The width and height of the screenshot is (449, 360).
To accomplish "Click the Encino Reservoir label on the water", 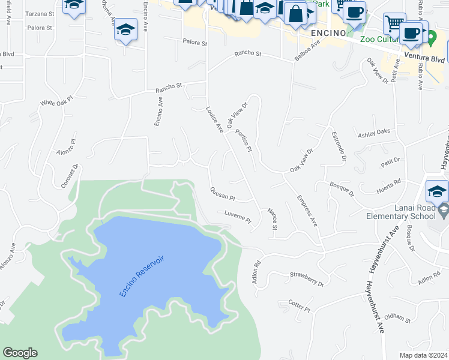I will pyautogui.click(x=142, y=275).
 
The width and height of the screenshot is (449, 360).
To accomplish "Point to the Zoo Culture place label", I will pyautogui.click(x=380, y=40).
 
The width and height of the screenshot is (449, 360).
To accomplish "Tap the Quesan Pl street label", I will pyautogui.click(x=222, y=194).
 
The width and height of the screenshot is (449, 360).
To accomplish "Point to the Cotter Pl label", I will pyautogui.click(x=298, y=306).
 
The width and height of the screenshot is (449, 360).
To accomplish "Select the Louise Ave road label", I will pyautogui.click(x=214, y=119).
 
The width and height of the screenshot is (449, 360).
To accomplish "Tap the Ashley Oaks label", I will pyautogui.click(x=373, y=131).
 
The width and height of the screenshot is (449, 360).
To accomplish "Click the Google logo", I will pyautogui.click(x=20, y=353).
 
